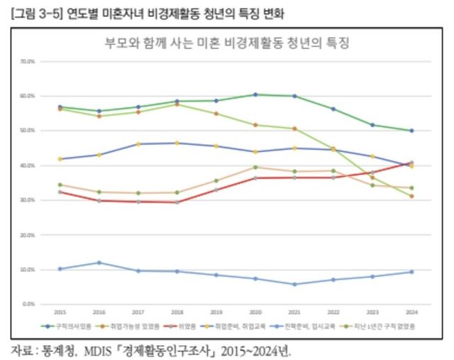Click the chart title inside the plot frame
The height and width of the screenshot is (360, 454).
point(227,43)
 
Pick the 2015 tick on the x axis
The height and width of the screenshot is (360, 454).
point(60,312)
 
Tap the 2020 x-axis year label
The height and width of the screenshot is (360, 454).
point(255,312)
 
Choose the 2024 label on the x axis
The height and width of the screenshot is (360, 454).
point(411,312)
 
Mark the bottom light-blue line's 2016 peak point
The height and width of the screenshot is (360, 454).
point(99,263)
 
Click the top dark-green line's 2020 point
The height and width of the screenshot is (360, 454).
point(255,94)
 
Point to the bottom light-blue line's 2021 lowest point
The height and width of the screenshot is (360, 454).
point(294,284)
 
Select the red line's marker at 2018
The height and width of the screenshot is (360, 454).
point(177,202)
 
